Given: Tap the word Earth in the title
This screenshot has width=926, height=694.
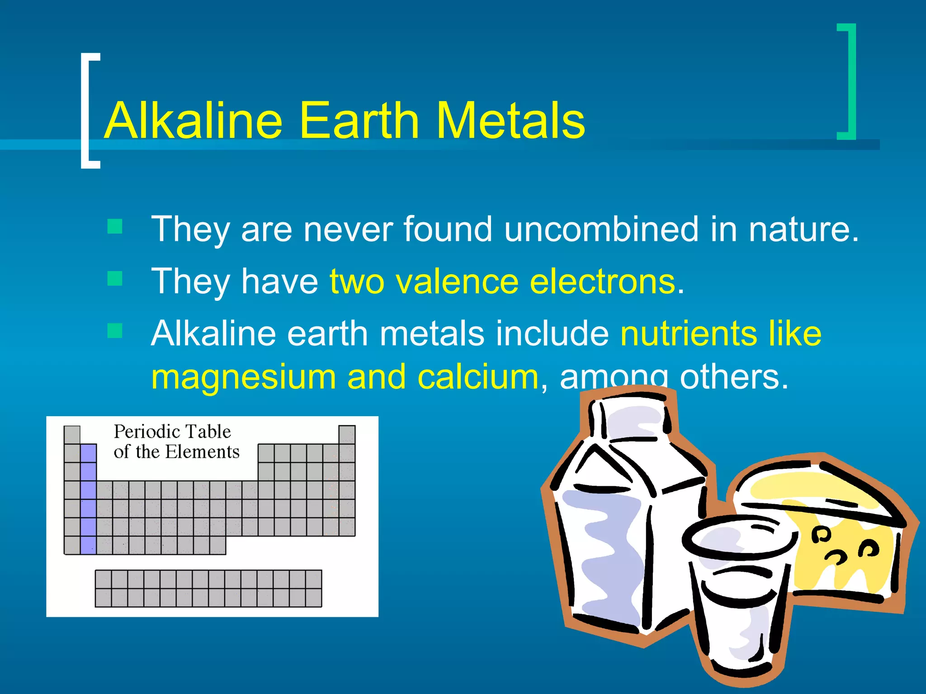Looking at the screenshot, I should pos(359,120).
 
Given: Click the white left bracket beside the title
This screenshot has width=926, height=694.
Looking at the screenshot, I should pos(87,111).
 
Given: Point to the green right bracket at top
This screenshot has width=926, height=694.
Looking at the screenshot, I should pos(849,81).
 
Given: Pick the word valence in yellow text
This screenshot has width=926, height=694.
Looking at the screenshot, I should pos(457,281).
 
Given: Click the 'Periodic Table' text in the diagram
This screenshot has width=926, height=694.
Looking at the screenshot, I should pos(172,431).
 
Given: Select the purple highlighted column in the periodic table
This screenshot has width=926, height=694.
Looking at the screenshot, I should pos(88,499).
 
